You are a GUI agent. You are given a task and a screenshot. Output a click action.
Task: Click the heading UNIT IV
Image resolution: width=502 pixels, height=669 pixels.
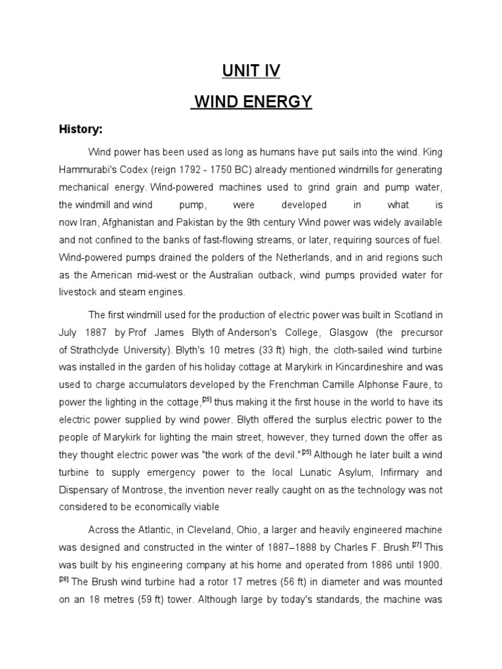[251, 71]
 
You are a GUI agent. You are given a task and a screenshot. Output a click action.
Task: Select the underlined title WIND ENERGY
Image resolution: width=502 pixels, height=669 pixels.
[252, 102]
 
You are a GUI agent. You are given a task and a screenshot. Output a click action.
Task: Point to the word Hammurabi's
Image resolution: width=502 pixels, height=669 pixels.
[88, 170]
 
